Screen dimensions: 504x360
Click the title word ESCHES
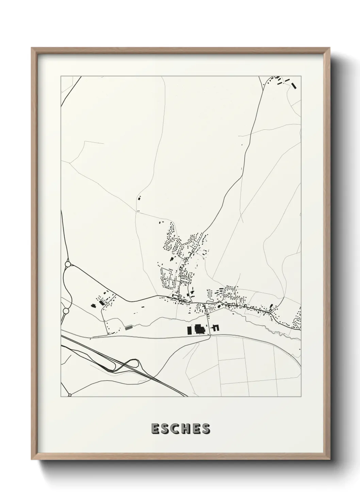(180, 429)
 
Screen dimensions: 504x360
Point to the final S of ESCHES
(206, 429)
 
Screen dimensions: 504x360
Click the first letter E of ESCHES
(155, 429)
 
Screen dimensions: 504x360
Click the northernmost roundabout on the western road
(68, 264)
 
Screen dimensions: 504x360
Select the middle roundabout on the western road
(66, 311)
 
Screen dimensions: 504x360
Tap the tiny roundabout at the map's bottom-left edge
(69, 395)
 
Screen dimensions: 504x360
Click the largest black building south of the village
(200, 329)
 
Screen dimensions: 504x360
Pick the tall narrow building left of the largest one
(188, 330)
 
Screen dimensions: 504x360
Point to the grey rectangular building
(128, 328)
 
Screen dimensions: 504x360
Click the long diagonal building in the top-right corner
(294, 85)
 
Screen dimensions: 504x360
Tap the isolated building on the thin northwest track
(139, 198)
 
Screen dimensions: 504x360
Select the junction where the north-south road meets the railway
(210, 335)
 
